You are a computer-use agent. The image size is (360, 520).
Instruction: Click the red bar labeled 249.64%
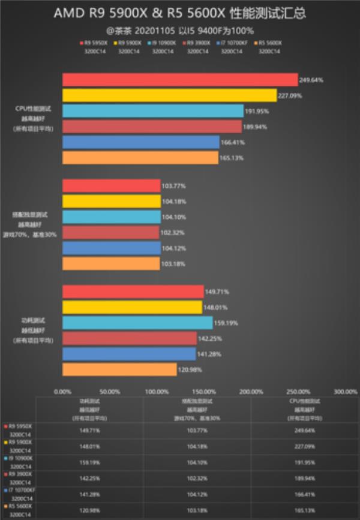[180, 80]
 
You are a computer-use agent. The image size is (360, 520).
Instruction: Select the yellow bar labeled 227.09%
[169, 95]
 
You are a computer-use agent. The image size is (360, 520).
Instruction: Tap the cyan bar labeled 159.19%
[137, 323]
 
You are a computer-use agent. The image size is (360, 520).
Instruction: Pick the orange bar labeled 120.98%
[119, 369]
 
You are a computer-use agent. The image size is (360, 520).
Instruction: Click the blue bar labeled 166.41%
[141, 142]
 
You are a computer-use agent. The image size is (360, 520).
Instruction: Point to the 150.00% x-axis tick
[204, 392]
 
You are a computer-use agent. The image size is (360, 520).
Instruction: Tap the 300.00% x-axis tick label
[345, 392]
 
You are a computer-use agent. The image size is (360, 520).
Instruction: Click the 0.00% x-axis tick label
[62, 392]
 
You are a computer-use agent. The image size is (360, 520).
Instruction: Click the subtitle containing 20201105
[180, 29]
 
